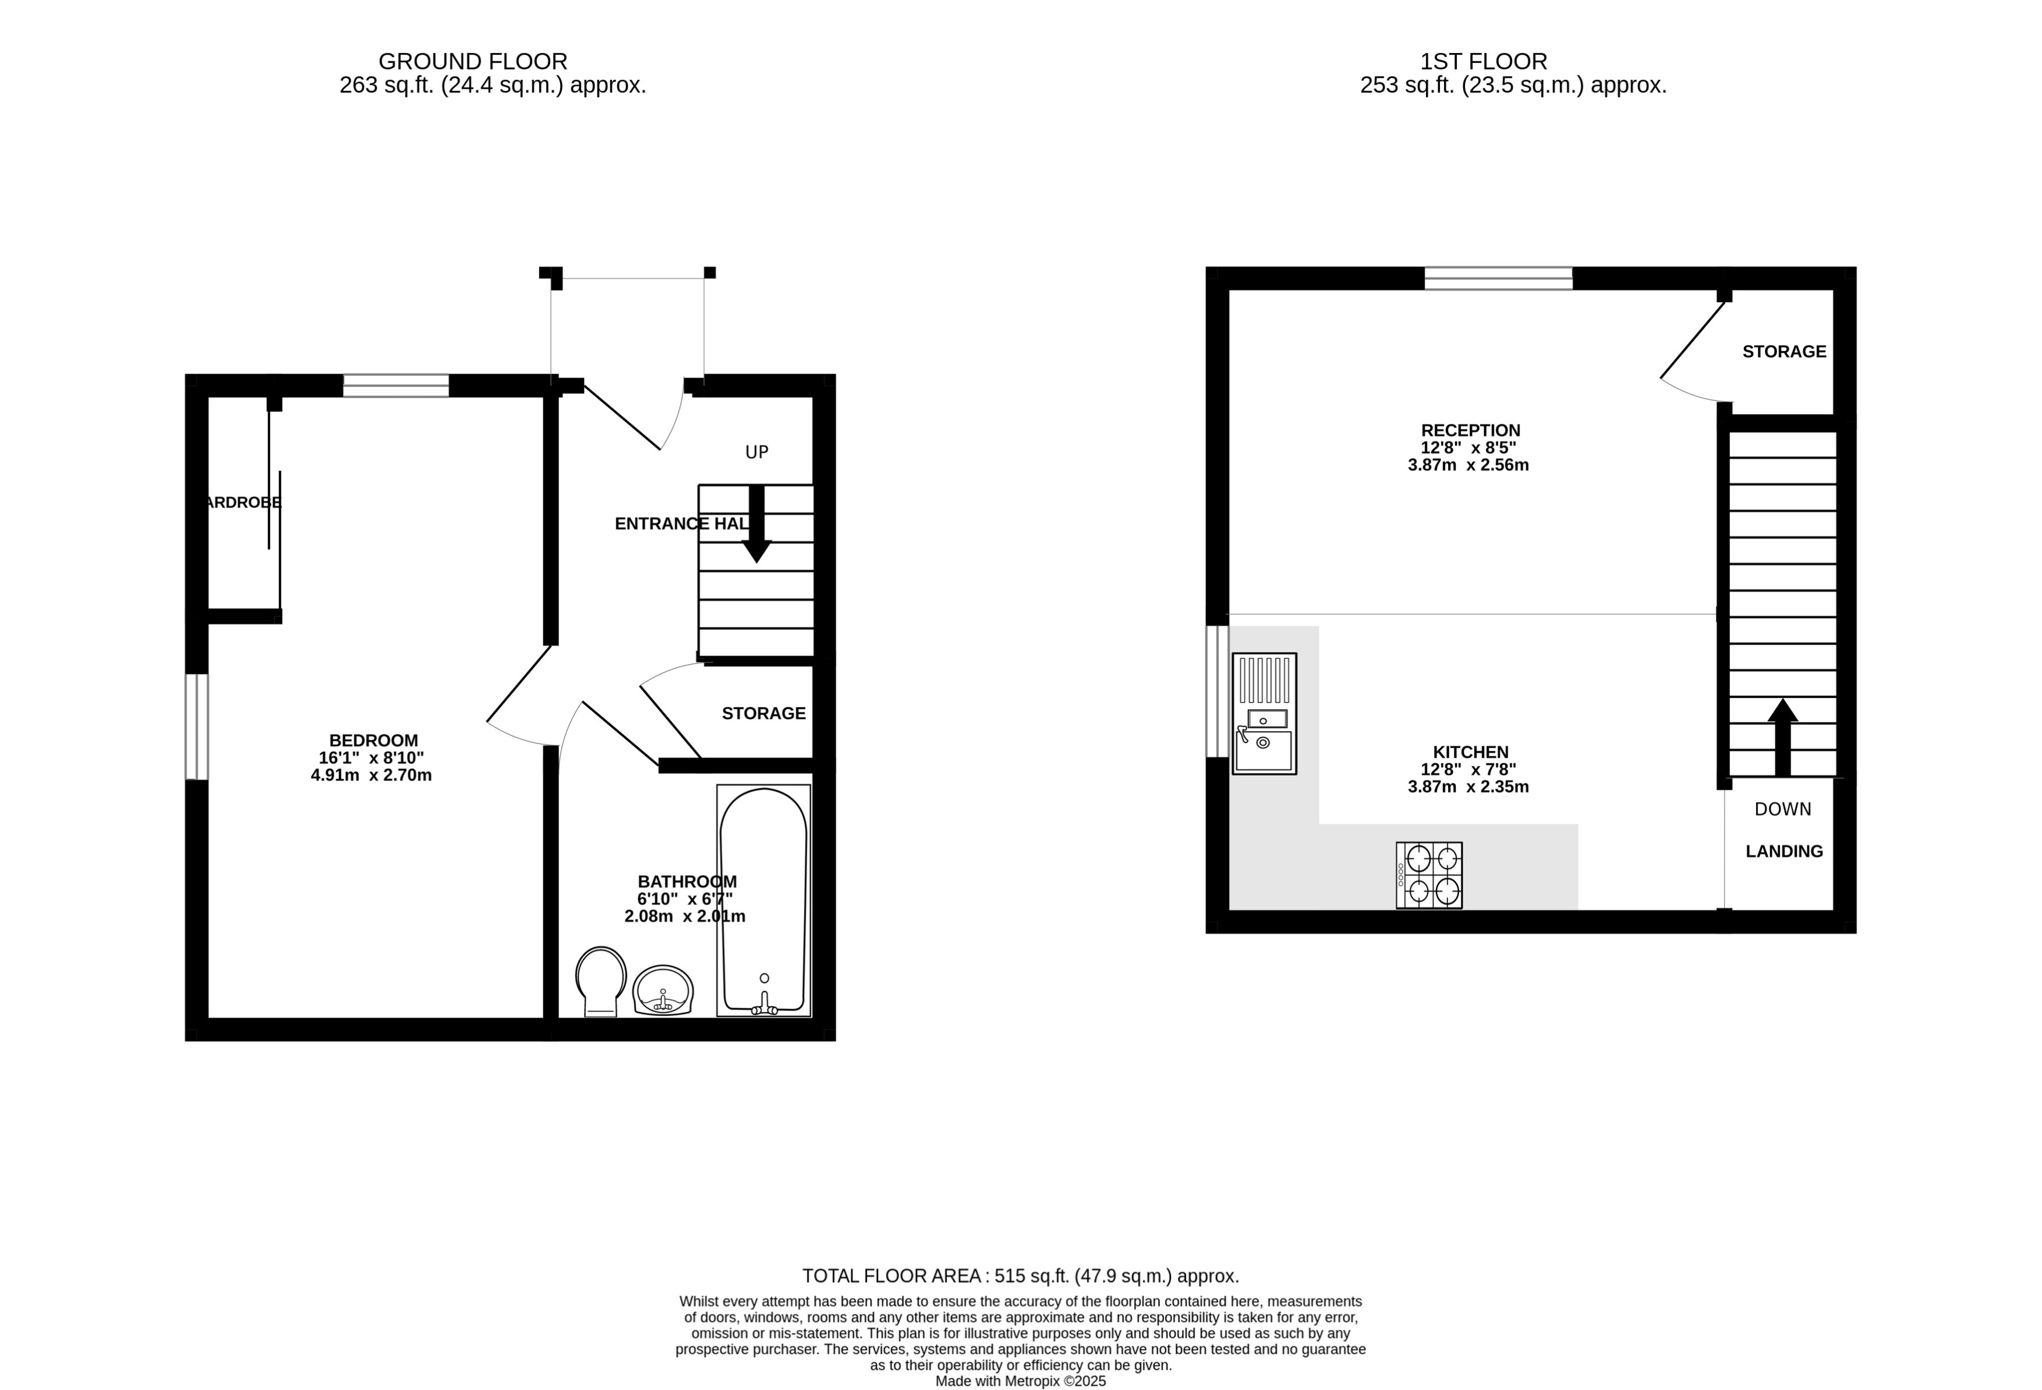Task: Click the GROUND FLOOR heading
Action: point(473,61)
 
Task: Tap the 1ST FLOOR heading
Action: point(1483,61)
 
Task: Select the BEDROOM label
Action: point(373,741)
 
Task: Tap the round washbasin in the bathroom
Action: point(663,990)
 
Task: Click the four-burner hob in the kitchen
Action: point(1429,875)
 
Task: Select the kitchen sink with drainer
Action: point(1264,714)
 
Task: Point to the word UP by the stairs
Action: point(757,452)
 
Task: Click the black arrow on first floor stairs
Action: point(1782,736)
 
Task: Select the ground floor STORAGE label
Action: point(764,714)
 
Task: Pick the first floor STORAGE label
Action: point(1784,351)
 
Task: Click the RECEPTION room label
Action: point(1470,431)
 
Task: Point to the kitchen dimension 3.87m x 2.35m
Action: point(1468,787)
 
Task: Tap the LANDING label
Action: point(1784,851)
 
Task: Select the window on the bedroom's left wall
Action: point(197,727)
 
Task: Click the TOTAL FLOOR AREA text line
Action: point(1020,1276)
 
